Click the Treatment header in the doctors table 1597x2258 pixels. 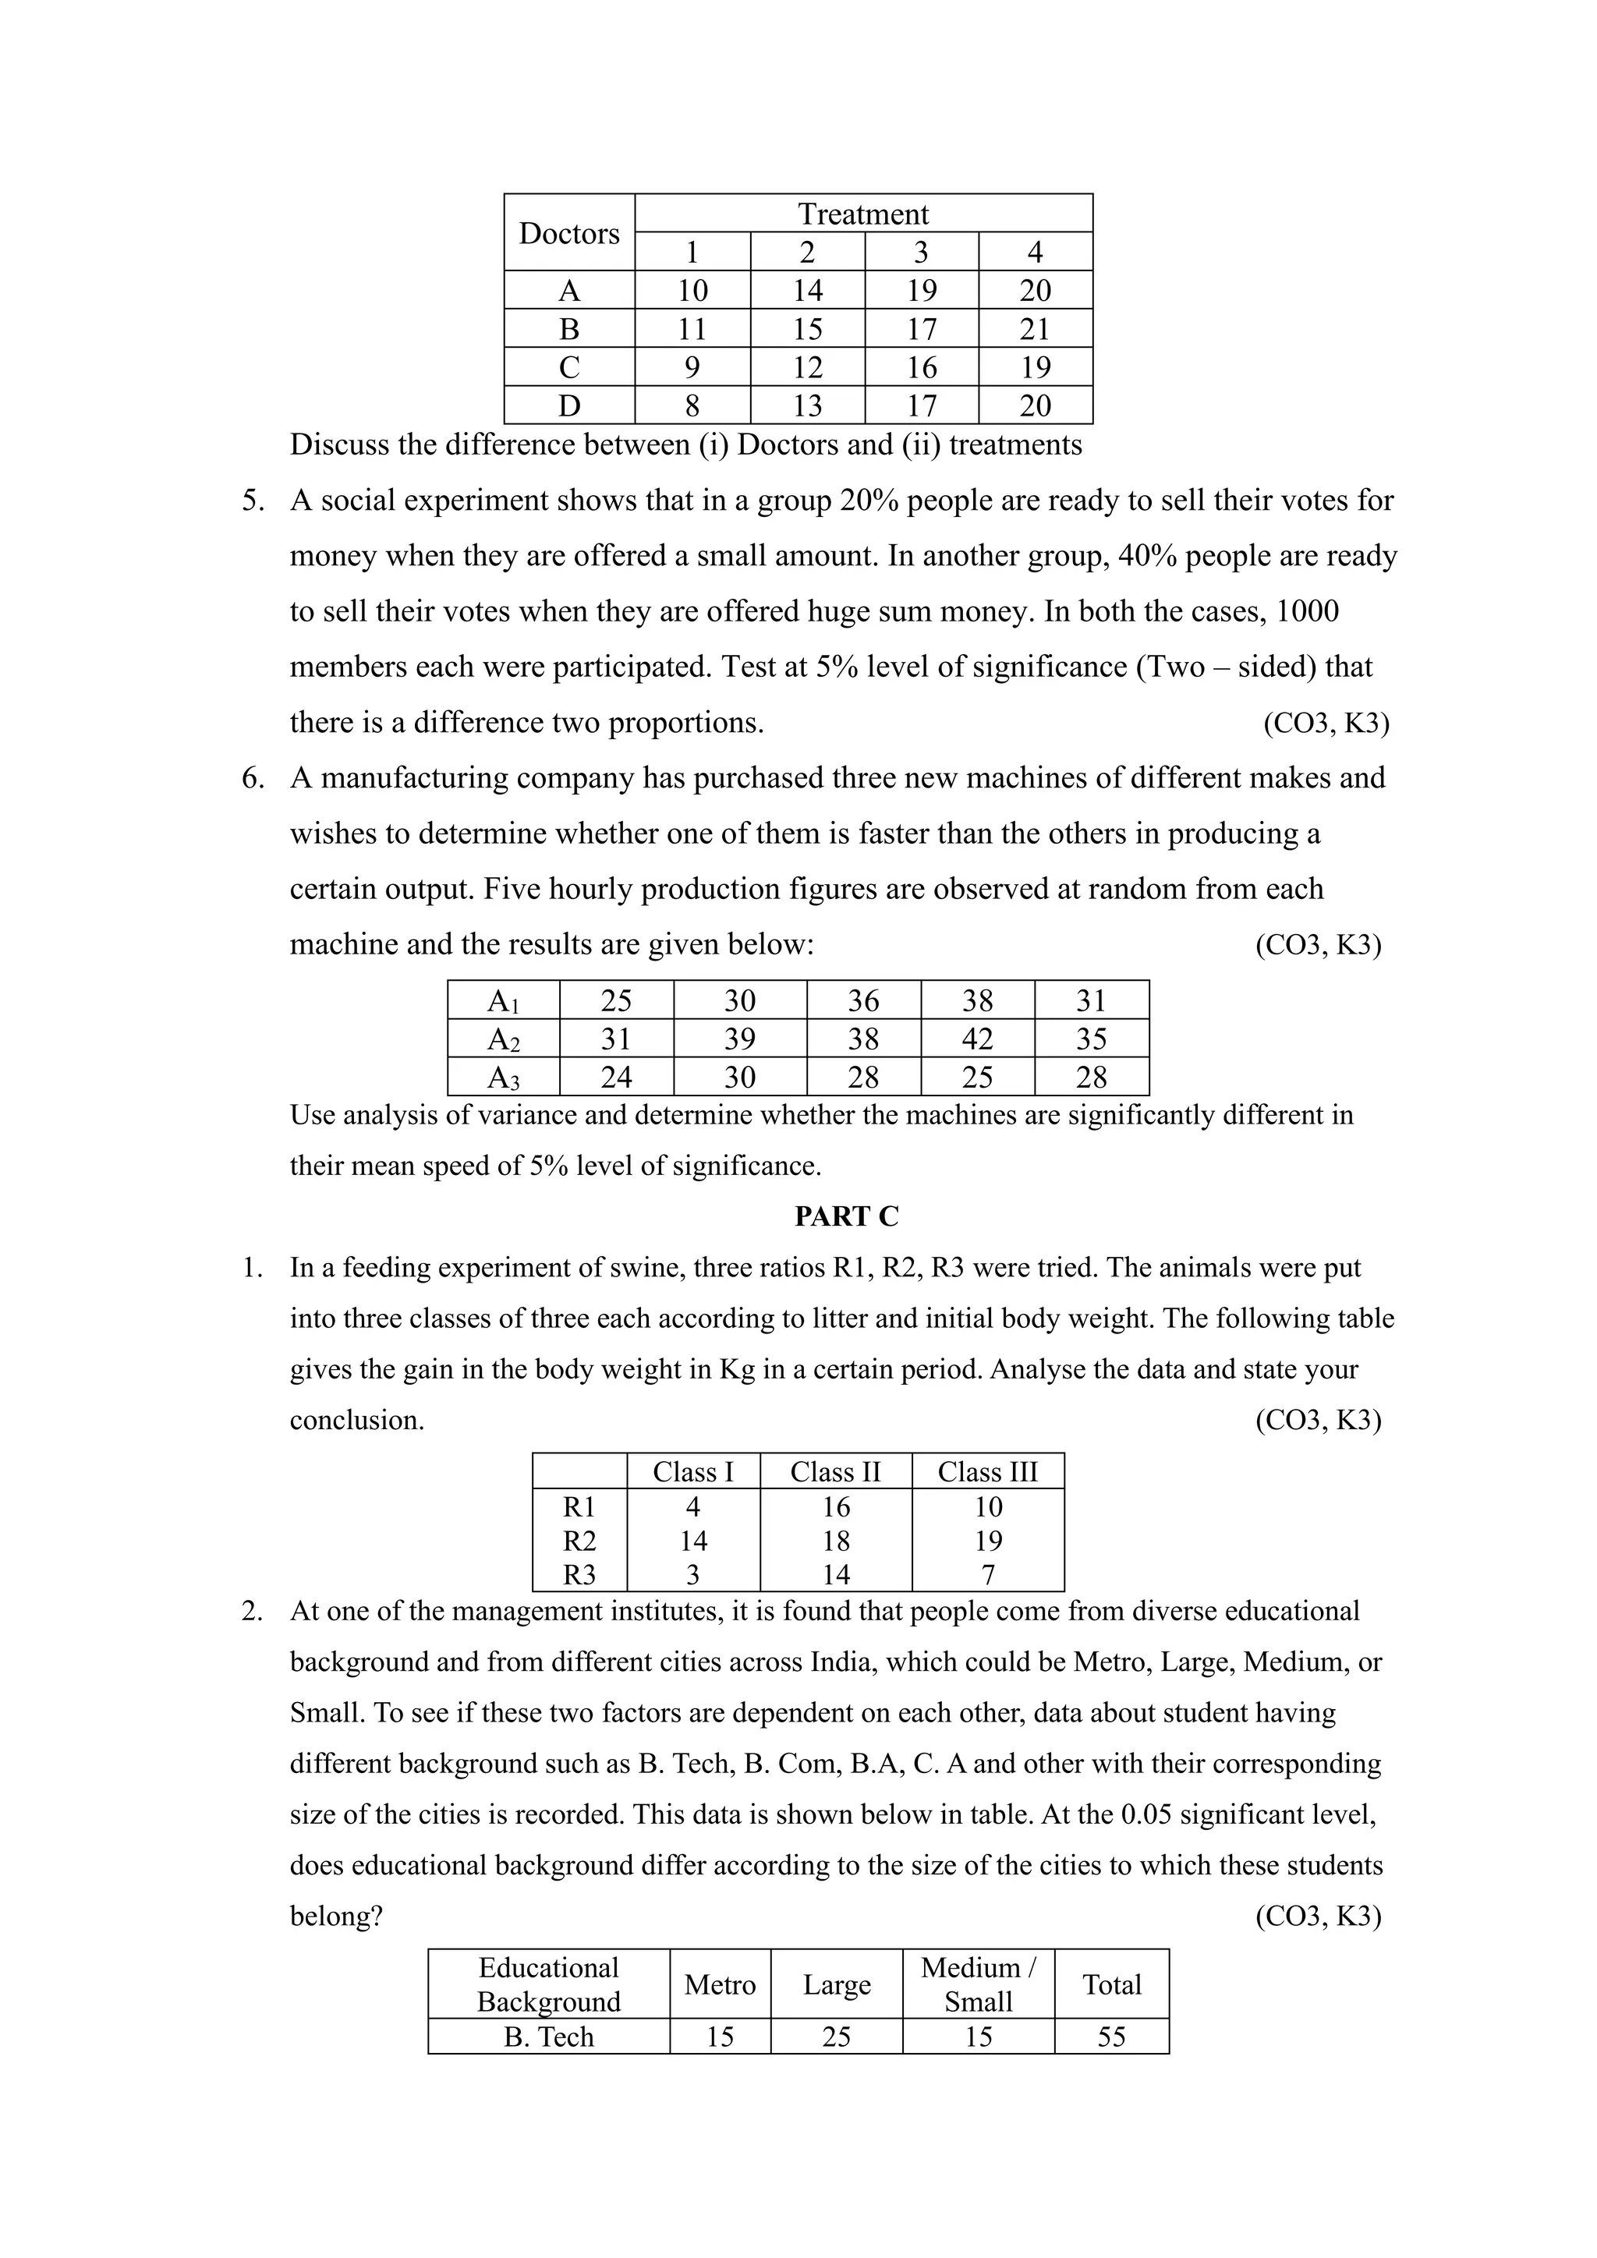(862, 214)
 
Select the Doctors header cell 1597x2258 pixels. (568, 233)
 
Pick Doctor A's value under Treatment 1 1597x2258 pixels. (692, 290)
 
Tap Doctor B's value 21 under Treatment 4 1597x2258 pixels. (1035, 328)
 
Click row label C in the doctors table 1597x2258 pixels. (568, 366)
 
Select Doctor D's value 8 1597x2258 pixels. (692, 405)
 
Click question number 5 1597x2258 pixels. (253, 501)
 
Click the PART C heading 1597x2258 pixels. (846, 1216)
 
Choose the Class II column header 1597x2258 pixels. (835, 1471)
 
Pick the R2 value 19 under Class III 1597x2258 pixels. (987, 1540)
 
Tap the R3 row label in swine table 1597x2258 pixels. (579, 1574)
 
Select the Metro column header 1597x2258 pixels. (720, 1984)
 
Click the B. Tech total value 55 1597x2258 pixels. (1111, 2037)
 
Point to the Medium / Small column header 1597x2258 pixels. (978, 1984)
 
